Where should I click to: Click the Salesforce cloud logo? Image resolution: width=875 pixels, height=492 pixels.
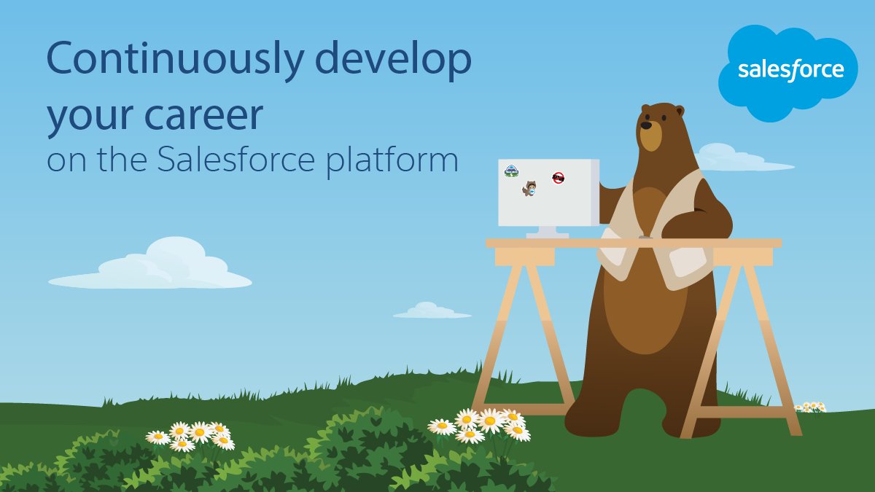[790, 71]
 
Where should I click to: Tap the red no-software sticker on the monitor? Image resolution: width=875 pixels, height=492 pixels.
[559, 177]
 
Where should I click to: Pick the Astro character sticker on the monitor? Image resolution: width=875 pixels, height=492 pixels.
[529, 189]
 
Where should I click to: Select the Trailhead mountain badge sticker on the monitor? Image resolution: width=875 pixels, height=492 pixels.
[511, 171]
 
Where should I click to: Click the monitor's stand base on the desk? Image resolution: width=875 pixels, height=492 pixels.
[548, 235]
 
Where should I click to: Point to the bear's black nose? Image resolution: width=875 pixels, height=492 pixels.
[645, 124]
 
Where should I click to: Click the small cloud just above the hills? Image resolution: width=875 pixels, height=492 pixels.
[431, 312]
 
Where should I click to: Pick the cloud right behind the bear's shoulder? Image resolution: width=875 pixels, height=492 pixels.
[736, 159]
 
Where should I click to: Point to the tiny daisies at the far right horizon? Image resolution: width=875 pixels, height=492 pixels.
[809, 407]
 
